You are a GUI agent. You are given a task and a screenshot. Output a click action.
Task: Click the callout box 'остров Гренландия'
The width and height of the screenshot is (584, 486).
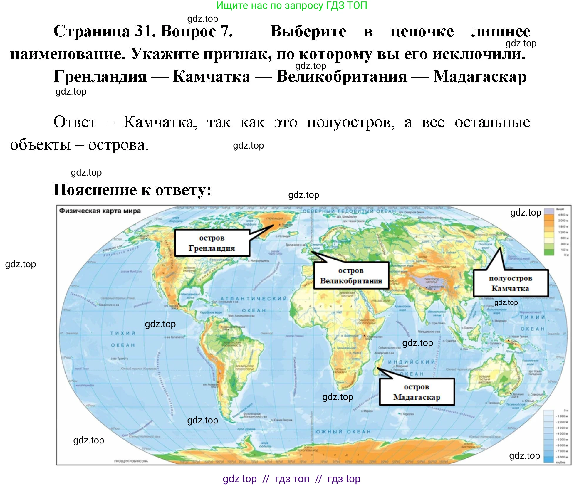(x=212, y=243)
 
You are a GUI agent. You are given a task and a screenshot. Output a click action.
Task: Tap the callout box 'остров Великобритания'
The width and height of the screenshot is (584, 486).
(x=351, y=275)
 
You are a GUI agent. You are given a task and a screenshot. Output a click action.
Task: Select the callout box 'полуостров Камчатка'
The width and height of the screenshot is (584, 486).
(x=511, y=283)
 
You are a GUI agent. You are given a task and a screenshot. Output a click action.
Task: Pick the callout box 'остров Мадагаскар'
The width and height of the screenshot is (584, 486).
(x=417, y=392)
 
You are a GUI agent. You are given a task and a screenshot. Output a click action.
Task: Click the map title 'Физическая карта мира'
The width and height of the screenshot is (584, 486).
(x=100, y=211)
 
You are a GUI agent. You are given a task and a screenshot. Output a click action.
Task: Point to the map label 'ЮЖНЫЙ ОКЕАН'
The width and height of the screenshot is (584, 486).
(x=343, y=432)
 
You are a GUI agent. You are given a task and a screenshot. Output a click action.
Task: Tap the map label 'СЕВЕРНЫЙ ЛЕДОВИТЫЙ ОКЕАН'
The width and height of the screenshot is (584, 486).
(x=349, y=211)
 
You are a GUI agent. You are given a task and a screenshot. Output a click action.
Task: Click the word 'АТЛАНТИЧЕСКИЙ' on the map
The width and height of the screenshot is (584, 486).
(x=254, y=299)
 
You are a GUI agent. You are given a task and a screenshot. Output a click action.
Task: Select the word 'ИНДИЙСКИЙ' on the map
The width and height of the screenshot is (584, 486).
(x=411, y=362)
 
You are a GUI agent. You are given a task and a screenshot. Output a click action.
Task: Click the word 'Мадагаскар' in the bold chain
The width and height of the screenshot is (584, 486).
(x=480, y=77)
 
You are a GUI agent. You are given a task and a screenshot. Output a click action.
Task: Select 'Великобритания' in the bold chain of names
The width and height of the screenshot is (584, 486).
(x=342, y=77)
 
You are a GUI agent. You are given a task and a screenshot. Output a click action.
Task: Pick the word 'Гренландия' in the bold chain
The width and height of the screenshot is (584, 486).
(x=100, y=77)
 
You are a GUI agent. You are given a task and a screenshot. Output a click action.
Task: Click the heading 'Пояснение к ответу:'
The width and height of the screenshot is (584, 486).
(x=132, y=190)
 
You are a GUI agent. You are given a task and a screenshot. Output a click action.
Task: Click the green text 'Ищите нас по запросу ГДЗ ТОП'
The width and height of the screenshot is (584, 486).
(x=292, y=5)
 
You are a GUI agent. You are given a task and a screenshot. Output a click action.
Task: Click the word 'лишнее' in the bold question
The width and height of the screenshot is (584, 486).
(x=501, y=31)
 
